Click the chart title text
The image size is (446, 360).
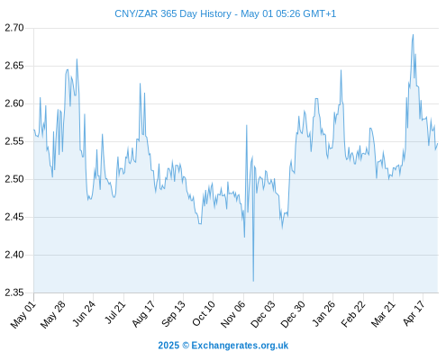click(225, 13)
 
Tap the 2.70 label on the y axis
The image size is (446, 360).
click(14, 28)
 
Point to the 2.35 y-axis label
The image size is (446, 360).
click(14, 292)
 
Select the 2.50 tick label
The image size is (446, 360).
click(14, 179)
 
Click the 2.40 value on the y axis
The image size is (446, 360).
click(14, 255)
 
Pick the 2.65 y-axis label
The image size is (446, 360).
click(14, 66)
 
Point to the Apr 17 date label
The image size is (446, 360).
click(414, 313)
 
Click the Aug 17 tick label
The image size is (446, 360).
click(143, 314)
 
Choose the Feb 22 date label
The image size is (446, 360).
click(353, 314)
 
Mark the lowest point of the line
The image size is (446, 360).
click(253, 281)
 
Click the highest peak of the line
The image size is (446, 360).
click(414, 34)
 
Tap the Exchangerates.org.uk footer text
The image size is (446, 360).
click(240, 346)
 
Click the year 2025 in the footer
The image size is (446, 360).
click(168, 346)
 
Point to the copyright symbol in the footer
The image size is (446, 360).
click(186, 346)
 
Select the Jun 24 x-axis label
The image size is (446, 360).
click(84, 314)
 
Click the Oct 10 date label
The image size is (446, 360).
click(204, 314)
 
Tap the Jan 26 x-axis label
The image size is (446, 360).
click(323, 314)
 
